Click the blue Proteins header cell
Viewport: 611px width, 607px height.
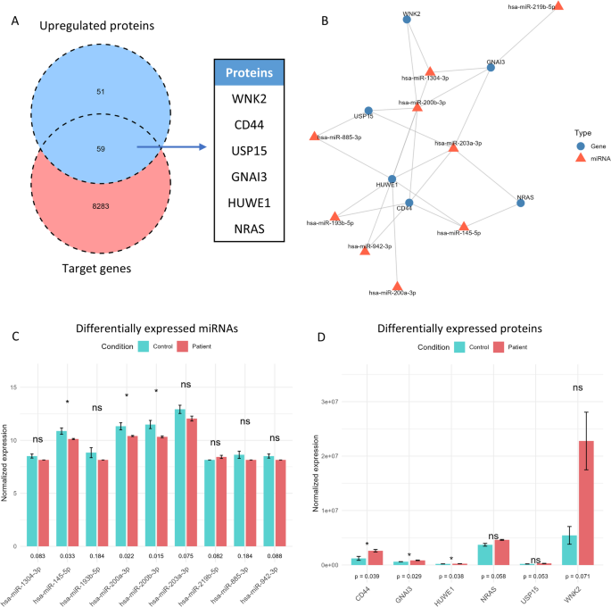[250, 73]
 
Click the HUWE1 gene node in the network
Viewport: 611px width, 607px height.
[392, 179]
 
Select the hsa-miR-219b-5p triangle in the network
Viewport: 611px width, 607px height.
[557, 6]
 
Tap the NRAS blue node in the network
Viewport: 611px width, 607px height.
[520, 203]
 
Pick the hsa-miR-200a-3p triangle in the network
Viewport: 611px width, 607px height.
[398, 286]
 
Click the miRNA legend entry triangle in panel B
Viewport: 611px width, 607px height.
[582, 156]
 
